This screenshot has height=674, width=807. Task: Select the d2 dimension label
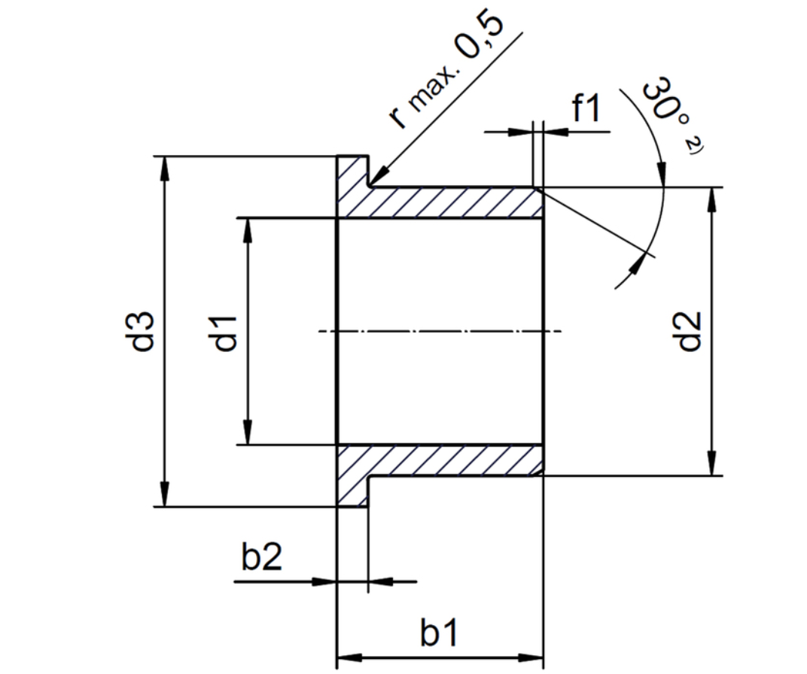(x=689, y=331)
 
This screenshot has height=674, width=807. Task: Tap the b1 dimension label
(x=439, y=634)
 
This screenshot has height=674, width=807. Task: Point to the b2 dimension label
(x=261, y=559)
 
